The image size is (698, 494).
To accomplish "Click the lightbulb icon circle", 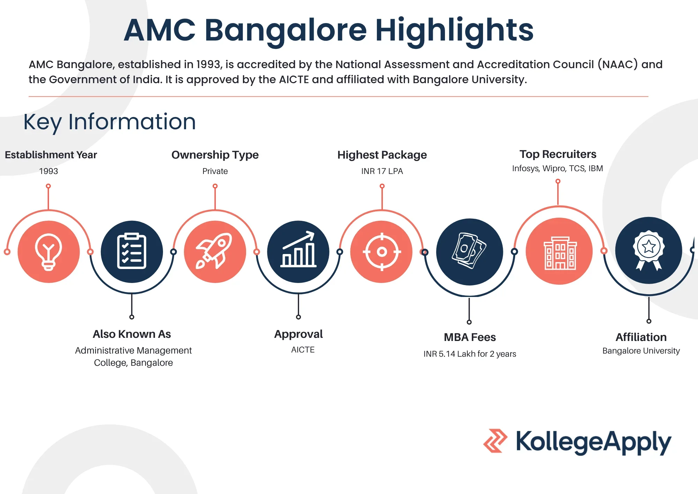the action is pyautogui.click(x=49, y=252).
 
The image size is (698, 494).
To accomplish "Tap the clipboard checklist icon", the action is pyautogui.click(x=132, y=252).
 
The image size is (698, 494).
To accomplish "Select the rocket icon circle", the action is pyautogui.click(x=215, y=252).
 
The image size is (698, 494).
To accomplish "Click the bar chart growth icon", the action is pyautogui.click(x=298, y=252).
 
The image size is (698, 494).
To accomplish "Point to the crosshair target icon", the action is pyautogui.click(x=381, y=252).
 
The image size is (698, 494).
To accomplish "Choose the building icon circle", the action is pyautogui.click(x=559, y=251).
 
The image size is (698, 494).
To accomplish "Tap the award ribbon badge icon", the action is pyautogui.click(x=648, y=250).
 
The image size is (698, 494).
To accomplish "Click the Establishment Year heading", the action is pyautogui.click(x=51, y=155).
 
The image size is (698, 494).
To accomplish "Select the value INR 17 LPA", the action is pyautogui.click(x=382, y=171).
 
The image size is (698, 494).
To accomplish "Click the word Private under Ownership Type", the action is pyautogui.click(x=215, y=171).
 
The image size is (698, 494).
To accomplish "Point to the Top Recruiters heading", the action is pyautogui.click(x=558, y=154).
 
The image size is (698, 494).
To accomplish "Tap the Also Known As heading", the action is pyautogui.click(x=132, y=334).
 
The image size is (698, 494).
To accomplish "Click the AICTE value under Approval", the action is pyautogui.click(x=303, y=350).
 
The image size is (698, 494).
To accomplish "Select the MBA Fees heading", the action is pyautogui.click(x=470, y=337).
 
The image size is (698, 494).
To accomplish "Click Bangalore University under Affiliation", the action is pyautogui.click(x=641, y=351).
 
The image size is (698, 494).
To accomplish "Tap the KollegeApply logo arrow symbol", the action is pyautogui.click(x=495, y=441).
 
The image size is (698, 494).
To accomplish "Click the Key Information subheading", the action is pyautogui.click(x=110, y=122).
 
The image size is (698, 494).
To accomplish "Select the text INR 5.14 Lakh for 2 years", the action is pyautogui.click(x=470, y=354).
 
